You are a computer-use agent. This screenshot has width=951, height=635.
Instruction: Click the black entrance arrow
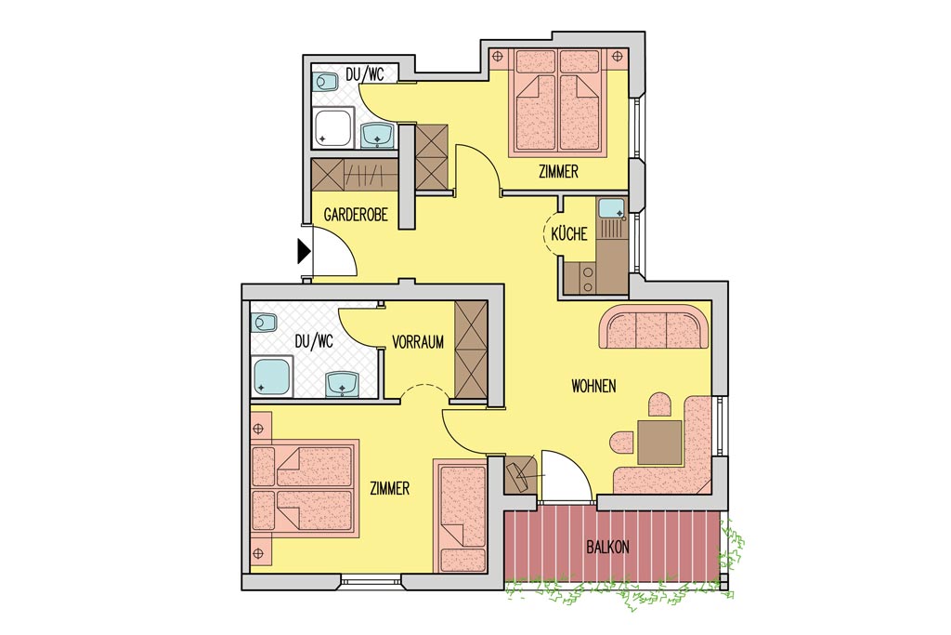point(304,251)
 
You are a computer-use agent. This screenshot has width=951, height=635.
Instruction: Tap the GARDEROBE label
point(356,214)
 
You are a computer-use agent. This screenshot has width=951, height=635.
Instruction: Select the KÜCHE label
point(569,233)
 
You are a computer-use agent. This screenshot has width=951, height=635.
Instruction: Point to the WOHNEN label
point(593,386)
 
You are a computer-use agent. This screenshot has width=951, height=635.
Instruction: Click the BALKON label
point(607,547)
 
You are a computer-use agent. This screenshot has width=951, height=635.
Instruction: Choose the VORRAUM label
point(418,342)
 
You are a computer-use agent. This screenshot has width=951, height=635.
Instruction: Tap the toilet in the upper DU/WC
point(325,82)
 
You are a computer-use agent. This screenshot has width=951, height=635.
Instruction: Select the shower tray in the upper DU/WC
point(333,127)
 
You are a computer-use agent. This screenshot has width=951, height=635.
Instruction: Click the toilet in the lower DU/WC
point(264,323)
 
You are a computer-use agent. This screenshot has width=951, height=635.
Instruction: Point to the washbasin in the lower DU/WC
point(343,384)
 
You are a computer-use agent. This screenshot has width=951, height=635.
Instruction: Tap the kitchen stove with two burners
point(587,279)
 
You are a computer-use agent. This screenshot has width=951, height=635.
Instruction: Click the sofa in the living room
point(654,326)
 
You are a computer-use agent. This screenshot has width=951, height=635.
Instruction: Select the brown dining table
point(660,443)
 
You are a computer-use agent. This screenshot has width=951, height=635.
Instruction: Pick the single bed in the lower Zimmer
point(461,516)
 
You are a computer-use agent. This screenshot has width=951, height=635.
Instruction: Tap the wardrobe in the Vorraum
point(471,351)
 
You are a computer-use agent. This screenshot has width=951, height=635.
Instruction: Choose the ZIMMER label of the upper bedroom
point(558,172)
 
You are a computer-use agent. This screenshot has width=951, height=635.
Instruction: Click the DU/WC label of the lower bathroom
point(314,342)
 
